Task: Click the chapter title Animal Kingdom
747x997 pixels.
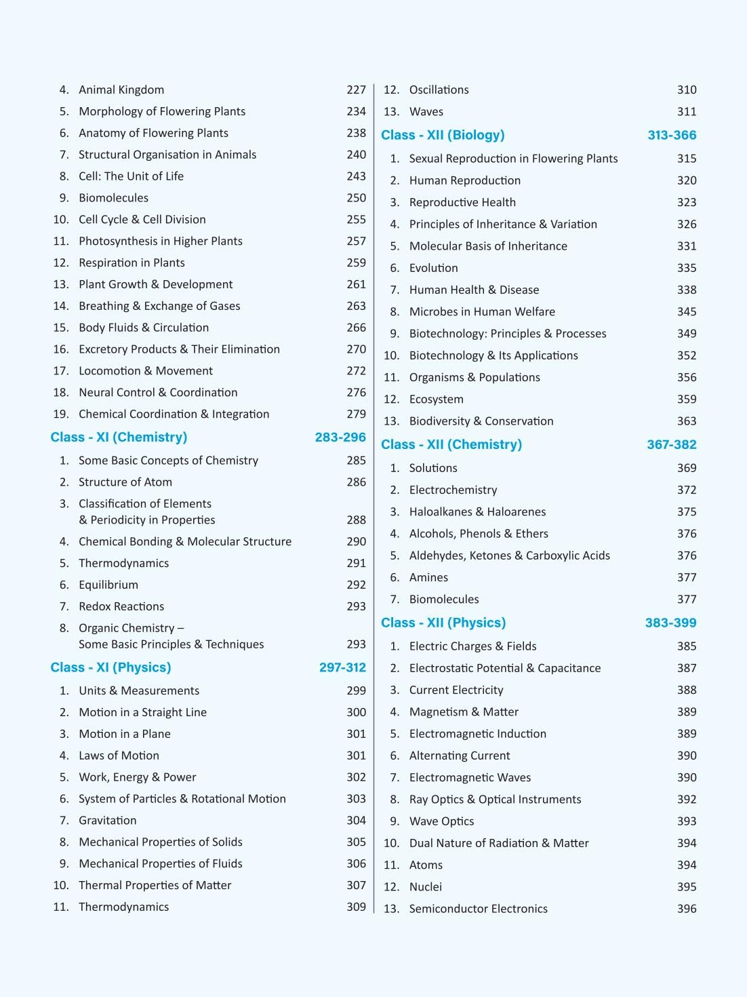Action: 121,90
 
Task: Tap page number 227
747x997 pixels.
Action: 356,90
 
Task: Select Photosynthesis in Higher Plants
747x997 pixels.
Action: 161,241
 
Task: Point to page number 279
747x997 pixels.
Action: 356,414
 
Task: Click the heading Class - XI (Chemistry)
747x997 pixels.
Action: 119,437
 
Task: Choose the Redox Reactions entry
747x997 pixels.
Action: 121,606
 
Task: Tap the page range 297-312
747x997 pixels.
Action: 342,667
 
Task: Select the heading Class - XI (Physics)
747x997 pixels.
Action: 110,667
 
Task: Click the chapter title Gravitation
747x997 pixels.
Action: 108,820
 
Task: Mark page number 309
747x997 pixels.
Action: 356,907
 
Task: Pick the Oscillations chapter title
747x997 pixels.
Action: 439,90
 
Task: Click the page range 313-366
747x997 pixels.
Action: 672,135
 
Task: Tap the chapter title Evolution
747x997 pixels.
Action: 434,268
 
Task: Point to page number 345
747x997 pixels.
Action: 687,311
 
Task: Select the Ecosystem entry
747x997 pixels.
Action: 437,399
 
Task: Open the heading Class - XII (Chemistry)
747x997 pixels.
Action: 451,444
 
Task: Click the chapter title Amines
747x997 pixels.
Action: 428,577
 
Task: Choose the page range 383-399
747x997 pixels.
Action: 670,623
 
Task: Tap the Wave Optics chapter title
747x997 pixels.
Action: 442,821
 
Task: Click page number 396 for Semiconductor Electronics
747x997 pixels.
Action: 687,908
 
